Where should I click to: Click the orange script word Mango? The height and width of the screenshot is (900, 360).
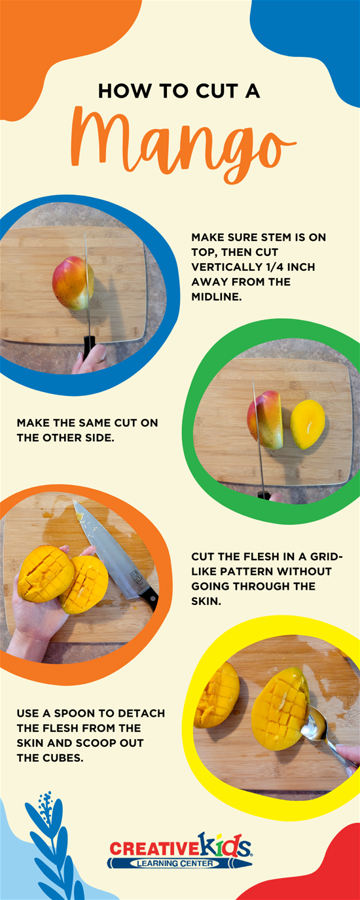tap(183, 145)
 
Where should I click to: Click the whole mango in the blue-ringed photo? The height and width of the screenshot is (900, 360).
tap(73, 283)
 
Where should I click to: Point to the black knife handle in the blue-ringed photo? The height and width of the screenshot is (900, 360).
tap(89, 346)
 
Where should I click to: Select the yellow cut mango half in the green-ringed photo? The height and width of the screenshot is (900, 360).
tap(308, 424)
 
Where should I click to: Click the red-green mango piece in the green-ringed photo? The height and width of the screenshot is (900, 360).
tap(265, 420)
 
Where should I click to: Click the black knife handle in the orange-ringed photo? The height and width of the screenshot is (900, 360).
tap(149, 599)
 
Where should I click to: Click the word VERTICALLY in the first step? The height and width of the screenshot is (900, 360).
tap(225, 267)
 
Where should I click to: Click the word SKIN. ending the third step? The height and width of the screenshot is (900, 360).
tap(206, 601)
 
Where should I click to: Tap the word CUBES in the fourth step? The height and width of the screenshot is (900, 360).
tap(62, 758)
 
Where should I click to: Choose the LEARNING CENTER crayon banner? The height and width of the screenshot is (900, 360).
tap(179, 863)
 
